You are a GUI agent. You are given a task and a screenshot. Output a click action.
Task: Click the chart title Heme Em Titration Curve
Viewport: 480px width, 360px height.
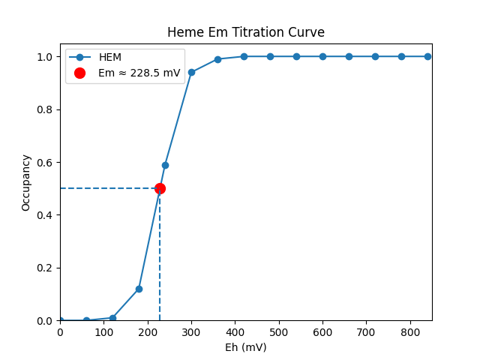246,32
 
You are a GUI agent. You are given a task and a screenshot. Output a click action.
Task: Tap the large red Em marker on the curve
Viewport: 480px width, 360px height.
160,188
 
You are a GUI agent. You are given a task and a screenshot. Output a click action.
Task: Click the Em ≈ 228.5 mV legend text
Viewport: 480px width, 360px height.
139,73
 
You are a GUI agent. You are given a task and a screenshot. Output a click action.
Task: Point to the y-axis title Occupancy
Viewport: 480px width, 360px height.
26,182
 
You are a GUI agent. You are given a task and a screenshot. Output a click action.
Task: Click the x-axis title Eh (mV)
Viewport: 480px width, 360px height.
246,347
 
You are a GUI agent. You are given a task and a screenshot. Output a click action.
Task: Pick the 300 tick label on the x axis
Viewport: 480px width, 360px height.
191,331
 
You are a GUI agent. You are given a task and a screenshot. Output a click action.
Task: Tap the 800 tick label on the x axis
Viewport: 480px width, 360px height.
410,331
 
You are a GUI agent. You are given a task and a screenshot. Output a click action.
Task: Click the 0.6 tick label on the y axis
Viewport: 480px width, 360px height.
45,162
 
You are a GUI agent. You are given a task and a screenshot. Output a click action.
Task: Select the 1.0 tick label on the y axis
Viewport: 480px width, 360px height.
45,57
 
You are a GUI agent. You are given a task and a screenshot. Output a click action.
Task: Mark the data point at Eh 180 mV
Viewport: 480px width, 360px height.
139,289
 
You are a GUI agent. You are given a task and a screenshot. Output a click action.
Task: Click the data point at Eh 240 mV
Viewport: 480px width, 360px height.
165,165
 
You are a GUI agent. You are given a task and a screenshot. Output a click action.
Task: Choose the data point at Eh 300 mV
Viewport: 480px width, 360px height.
191,72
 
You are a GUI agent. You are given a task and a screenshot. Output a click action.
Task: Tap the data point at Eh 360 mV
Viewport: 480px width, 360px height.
217,59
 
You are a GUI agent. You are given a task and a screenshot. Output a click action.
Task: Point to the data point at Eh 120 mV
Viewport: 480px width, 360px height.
112,318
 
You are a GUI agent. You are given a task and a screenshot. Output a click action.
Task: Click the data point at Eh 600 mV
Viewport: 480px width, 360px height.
322,56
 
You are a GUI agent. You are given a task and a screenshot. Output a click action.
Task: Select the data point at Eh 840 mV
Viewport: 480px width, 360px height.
427,56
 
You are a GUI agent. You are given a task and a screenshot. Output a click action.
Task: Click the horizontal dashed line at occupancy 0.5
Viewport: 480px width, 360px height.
105,188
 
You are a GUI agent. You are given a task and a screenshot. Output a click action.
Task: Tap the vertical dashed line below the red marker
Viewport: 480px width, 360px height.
160,262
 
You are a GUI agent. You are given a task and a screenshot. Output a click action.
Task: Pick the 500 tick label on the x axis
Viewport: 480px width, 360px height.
279,331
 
